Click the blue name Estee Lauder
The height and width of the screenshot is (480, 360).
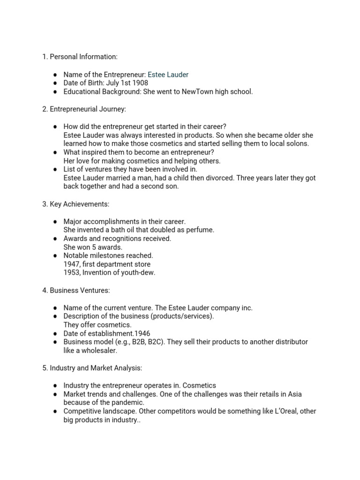[168, 75]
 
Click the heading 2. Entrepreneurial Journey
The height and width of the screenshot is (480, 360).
[84, 109]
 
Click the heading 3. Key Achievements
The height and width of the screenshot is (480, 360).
[75, 204]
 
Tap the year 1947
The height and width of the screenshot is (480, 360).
[72, 264]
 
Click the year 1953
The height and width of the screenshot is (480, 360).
[72, 272]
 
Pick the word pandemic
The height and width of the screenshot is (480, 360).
[127, 402]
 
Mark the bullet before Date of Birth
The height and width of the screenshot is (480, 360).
[55, 83]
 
